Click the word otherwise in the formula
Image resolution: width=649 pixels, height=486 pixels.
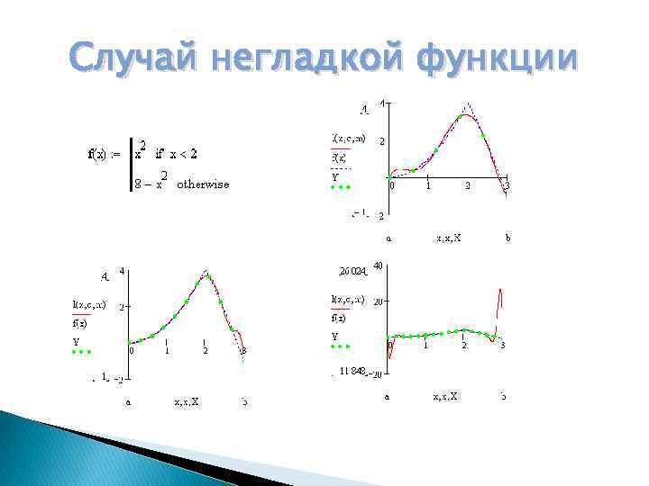[203, 184]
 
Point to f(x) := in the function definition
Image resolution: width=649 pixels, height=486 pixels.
[104, 153]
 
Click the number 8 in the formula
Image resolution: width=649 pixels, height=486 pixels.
[136, 184]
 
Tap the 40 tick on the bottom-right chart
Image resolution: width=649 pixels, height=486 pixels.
[379, 266]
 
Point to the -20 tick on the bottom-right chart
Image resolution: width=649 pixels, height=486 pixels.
[379, 373]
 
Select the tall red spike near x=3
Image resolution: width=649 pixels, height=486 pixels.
[499, 306]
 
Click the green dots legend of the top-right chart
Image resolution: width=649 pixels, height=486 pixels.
[341, 188]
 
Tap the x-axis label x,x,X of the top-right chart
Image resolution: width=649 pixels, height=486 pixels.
[448, 238]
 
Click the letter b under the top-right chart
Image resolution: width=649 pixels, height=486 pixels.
[507, 238]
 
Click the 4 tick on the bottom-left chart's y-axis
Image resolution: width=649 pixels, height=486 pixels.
[123, 271]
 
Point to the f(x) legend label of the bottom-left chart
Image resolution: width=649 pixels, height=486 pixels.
[80, 322]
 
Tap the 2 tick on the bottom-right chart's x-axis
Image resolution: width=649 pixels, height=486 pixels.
[464, 346]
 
